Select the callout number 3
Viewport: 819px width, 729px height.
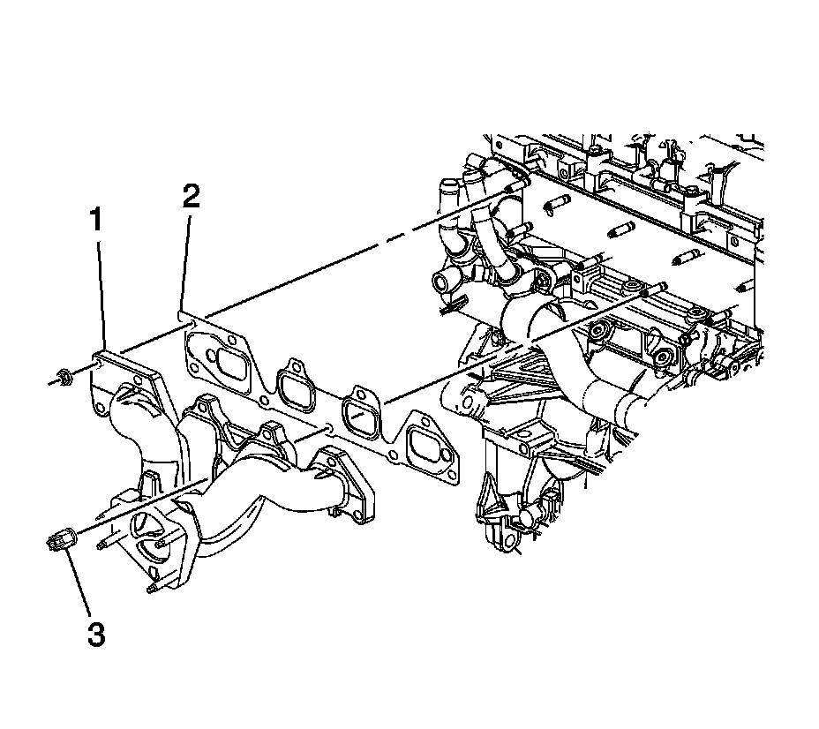tap(94, 633)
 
